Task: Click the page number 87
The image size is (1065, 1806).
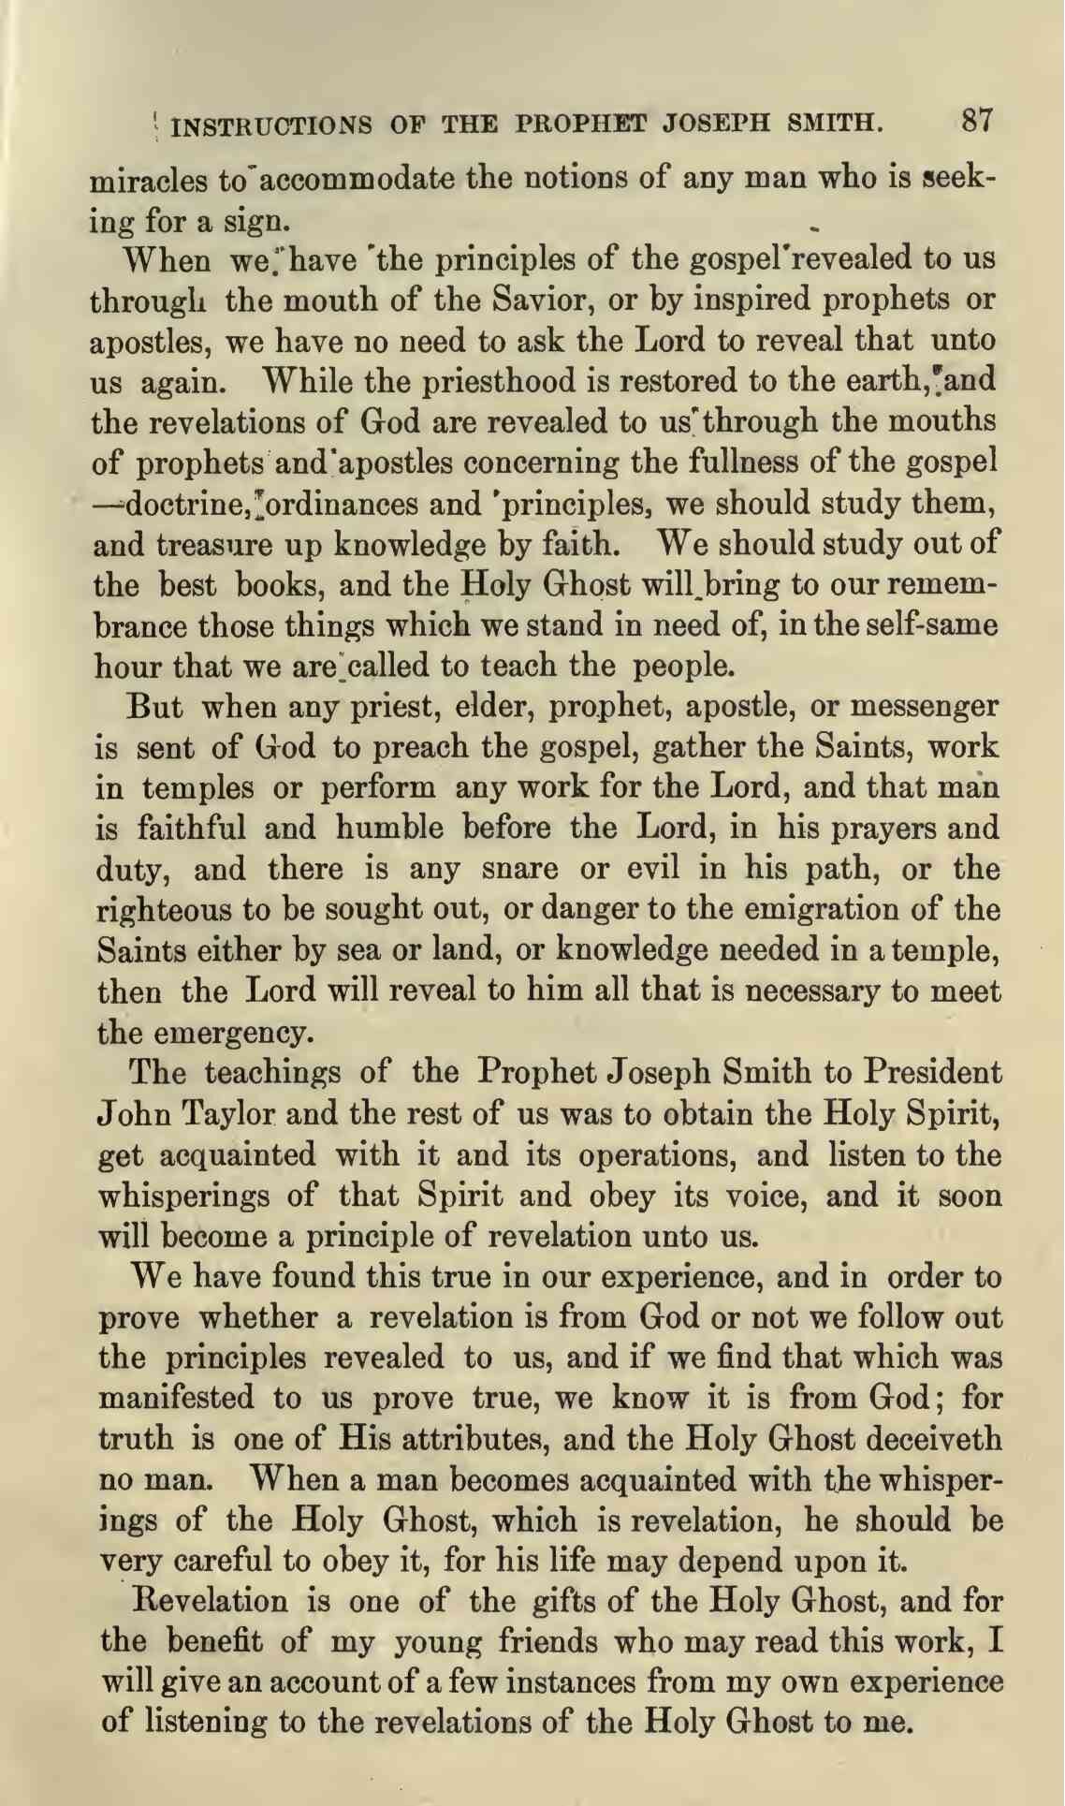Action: point(975,121)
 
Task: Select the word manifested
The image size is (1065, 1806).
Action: point(177,1399)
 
